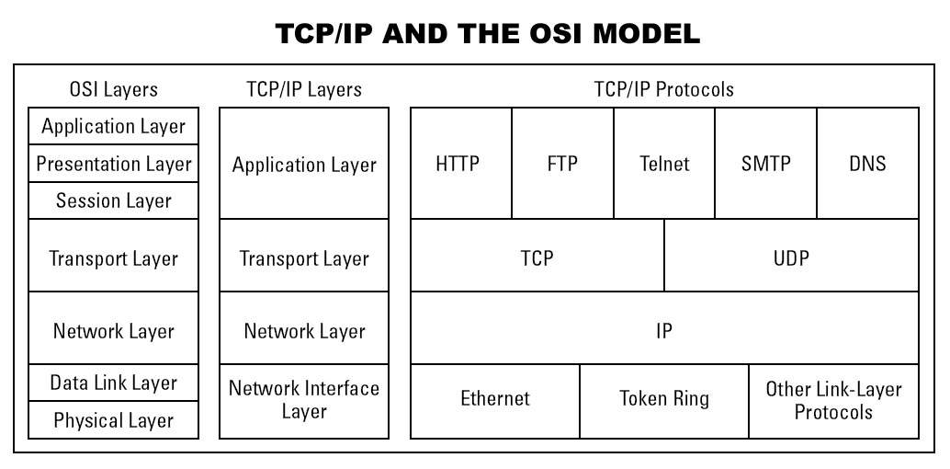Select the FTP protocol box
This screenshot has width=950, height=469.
pyautogui.click(x=562, y=164)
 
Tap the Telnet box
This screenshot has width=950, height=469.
pyautogui.click(x=664, y=164)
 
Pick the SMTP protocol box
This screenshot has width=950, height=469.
pyautogui.click(x=765, y=164)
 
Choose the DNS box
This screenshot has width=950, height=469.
pyautogui.click(x=867, y=164)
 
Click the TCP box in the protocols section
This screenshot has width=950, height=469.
pyautogui.click(x=537, y=257)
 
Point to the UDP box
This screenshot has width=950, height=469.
pyautogui.click(x=791, y=257)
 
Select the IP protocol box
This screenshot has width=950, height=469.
pyautogui.click(x=664, y=329)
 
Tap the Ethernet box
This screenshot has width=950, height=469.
pyautogui.click(x=495, y=400)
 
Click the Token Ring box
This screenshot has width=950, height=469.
pyautogui.click(x=664, y=400)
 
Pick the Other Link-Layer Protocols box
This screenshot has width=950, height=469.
pyautogui.click(x=833, y=400)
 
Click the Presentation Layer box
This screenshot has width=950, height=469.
pyautogui.click(x=114, y=164)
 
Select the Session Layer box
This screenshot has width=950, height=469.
pyautogui.click(x=114, y=200)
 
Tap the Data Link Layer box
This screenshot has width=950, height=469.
pyautogui.click(x=114, y=383)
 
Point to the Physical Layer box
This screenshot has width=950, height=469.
pyautogui.click(x=114, y=420)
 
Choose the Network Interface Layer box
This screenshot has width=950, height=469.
pyautogui.click(x=304, y=400)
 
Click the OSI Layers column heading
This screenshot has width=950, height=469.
pyautogui.click(x=114, y=89)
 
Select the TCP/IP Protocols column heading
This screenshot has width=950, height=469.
pyautogui.click(x=664, y=89)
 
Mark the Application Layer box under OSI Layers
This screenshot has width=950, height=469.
pyautogui.click(x=114, y=126)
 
